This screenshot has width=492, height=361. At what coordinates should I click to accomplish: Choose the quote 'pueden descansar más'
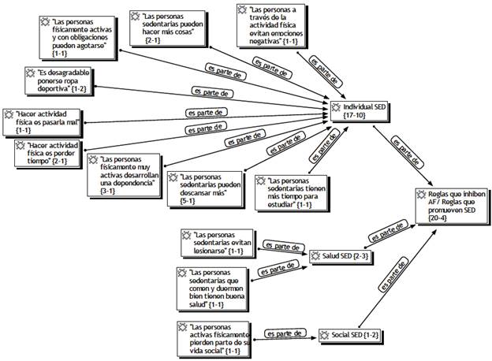tap(210, 186)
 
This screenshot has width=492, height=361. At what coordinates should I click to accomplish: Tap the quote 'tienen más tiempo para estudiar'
tap(296, 192)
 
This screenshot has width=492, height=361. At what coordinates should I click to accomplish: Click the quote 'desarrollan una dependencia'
tap(126, 173)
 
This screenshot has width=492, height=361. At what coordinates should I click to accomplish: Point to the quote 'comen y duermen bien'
tap(214, 288)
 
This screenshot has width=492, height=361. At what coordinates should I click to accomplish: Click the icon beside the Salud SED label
tap(316, 256)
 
